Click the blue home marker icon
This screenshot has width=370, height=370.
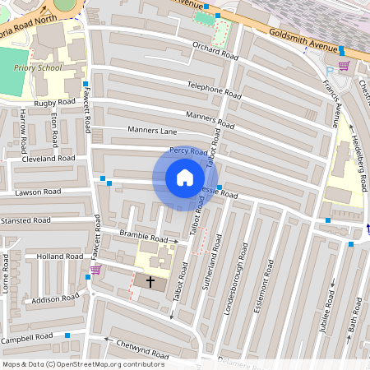pyautogui.click(x=185, y=178)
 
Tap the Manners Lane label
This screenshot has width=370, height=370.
pyautogui.click(x=152, y=130)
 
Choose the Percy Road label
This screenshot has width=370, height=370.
pyautogui.click(x=188, y=151)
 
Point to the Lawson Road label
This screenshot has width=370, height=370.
pyautogui.click(x=37, y=192)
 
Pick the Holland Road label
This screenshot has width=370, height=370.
pyautogui.click(x=59, y=257)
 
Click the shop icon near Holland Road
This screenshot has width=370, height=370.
pyautogui.click(x=95, y=269)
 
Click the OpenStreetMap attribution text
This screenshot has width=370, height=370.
pyautogui.click(x=82, y=363)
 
